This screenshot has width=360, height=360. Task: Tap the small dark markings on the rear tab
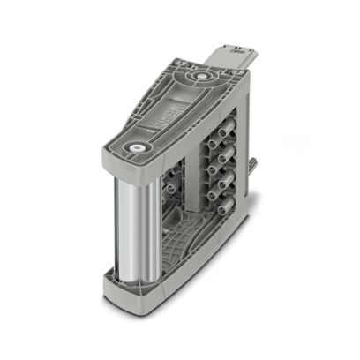tap(236, 50)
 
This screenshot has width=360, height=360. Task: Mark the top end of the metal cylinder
tap(133, 172)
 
